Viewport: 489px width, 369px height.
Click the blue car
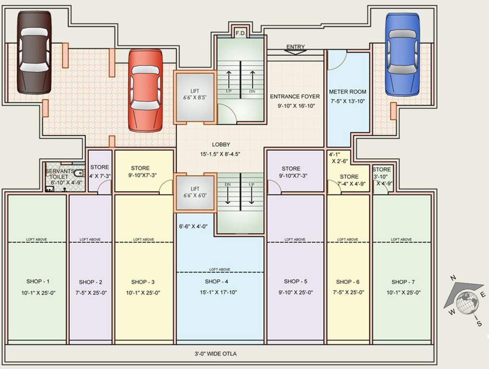(402, 54)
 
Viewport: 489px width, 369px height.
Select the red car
(145, 90)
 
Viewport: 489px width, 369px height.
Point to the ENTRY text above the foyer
(296, 47)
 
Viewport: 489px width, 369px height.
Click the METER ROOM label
(347, 92)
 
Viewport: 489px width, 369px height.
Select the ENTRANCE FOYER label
(295, 97)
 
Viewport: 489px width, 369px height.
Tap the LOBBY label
(221, 144)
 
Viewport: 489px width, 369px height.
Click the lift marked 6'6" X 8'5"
(194, 96)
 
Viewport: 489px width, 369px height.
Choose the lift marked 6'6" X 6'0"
(194, 193)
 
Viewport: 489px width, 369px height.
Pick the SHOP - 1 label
(38, 282)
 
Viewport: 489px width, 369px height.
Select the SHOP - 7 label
(403, 282)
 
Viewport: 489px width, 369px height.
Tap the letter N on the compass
(452, 278)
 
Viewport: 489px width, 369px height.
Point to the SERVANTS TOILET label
(60, 174)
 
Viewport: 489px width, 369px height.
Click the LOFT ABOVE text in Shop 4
(219, 270)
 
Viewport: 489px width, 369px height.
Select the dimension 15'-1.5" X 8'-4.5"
(221, 154)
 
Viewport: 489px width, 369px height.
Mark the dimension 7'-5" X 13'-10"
(347, 101)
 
